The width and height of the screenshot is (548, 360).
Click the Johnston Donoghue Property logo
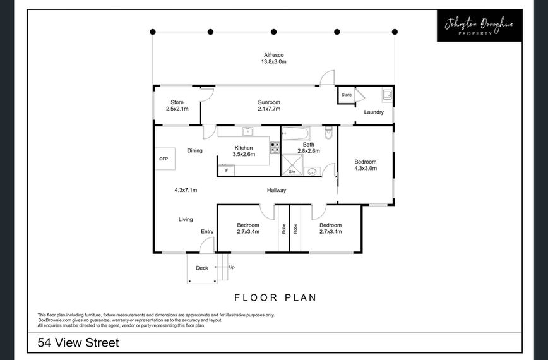tap(480, 25)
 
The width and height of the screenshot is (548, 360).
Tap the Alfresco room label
tap(273, 55)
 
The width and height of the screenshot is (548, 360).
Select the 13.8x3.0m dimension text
tap(273, 61)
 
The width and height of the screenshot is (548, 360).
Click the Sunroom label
tap(269, 102)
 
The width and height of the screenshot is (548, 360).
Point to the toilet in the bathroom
tap(328, 133)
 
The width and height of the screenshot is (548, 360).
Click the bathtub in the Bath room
tap(295, 133)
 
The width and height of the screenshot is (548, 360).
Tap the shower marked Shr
tap(292, 165)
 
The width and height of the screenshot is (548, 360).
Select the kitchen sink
tap(247, 131)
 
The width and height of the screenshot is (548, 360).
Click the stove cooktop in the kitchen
tap(275, 148)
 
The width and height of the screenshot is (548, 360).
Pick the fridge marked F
tap(227, 171)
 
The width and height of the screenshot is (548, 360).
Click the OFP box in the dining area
tap(165, 159)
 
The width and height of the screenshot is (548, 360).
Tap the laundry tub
tap(387, 95)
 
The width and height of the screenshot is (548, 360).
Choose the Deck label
tap(202, 268)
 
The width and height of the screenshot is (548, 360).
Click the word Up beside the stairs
tap(232, 267)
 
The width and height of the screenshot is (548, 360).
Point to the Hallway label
tap(277, 190)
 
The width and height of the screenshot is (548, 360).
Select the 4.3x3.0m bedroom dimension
tap(366, 168)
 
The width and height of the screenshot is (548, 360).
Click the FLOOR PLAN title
tap(275, 297)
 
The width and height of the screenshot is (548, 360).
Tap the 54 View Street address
tap(78, 342)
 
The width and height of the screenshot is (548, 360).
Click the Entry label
tap(207, 231)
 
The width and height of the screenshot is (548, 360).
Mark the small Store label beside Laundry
tap(347, 95)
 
